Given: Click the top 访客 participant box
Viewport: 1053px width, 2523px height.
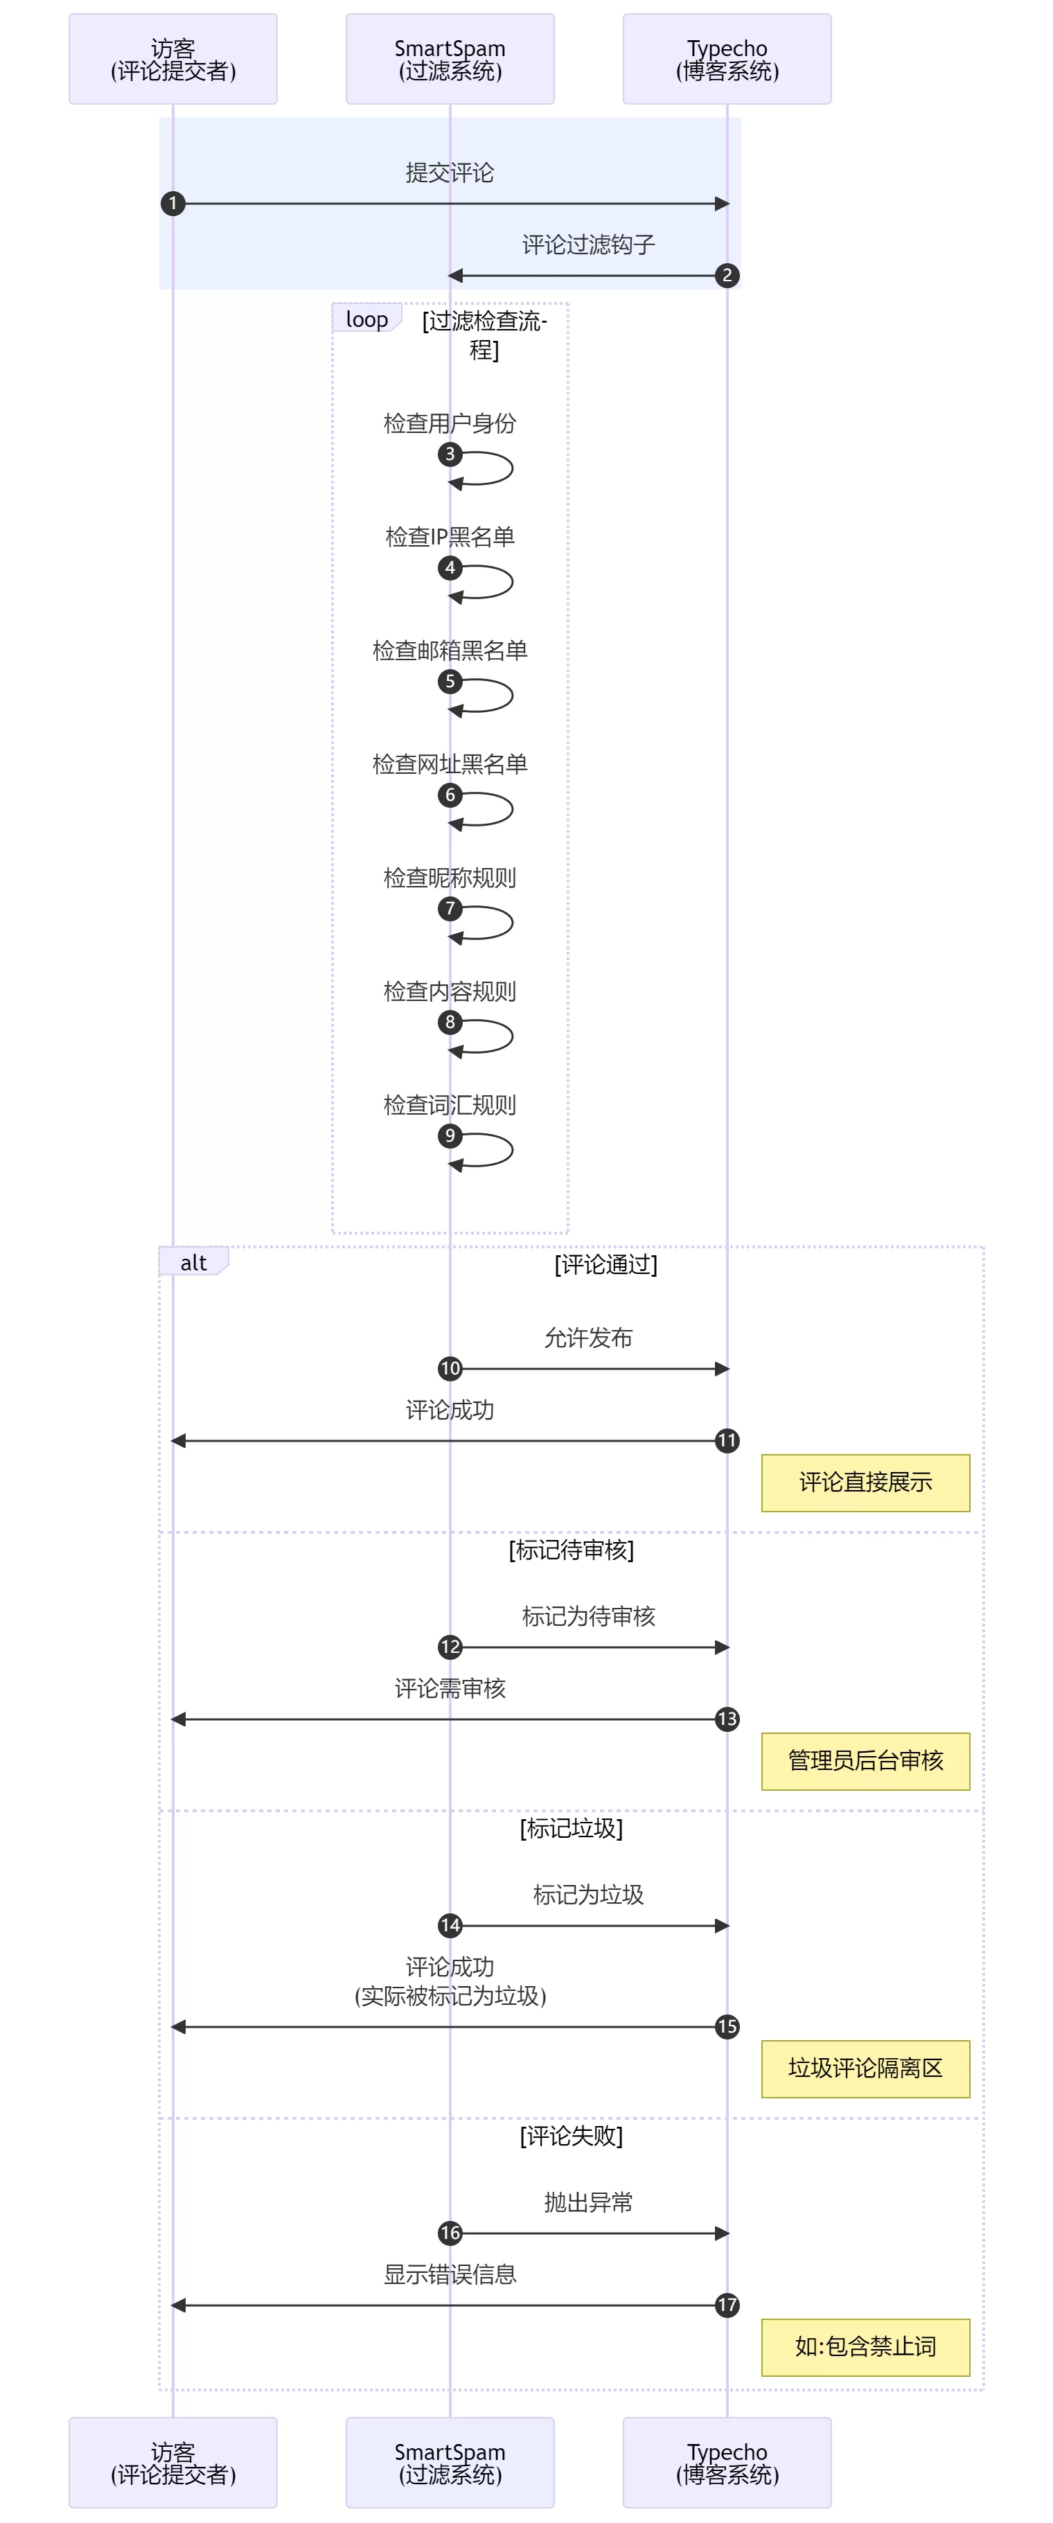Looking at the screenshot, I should pyautogui.click(x=172, y=59).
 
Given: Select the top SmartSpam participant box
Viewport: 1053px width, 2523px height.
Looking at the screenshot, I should pyautogui.click(x=450, y=59).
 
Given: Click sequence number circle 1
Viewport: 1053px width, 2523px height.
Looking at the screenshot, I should pyautogui.click(x=173, y=204).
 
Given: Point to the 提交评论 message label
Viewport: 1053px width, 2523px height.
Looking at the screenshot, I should pyautogui.click(x=450, y=173).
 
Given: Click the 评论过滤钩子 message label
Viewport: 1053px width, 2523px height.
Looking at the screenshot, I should pyautogui.click(x=587, y=245).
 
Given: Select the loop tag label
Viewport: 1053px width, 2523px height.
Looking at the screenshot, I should pyautogui.click(x=366, y=319).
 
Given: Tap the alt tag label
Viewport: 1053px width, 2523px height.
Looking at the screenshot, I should pyautogui.click(x=193, y=1262).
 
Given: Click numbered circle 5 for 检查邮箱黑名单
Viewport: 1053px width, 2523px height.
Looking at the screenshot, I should pyautogui.click(x=450, y=681).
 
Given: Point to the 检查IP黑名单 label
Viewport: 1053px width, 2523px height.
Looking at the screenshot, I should pyautogui.click(x=450, y=537).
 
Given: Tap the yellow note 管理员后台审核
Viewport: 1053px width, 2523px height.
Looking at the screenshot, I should pyautogui.click(x=865, y=1761).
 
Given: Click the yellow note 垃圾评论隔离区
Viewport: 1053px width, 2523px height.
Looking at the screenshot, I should pyautogui.click(x=865, y=2069).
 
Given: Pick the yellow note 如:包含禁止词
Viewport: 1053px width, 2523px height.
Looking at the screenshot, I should pyautogui.click(x=865, y=2347).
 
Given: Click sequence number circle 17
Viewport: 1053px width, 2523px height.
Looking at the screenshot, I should pyautogui.click(x=727, y=2305).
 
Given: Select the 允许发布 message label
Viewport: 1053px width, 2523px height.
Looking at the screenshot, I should pyautogui.click(x=587, y=1338).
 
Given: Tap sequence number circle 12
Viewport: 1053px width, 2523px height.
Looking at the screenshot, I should pyautogui.click(x=450, y=1647).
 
